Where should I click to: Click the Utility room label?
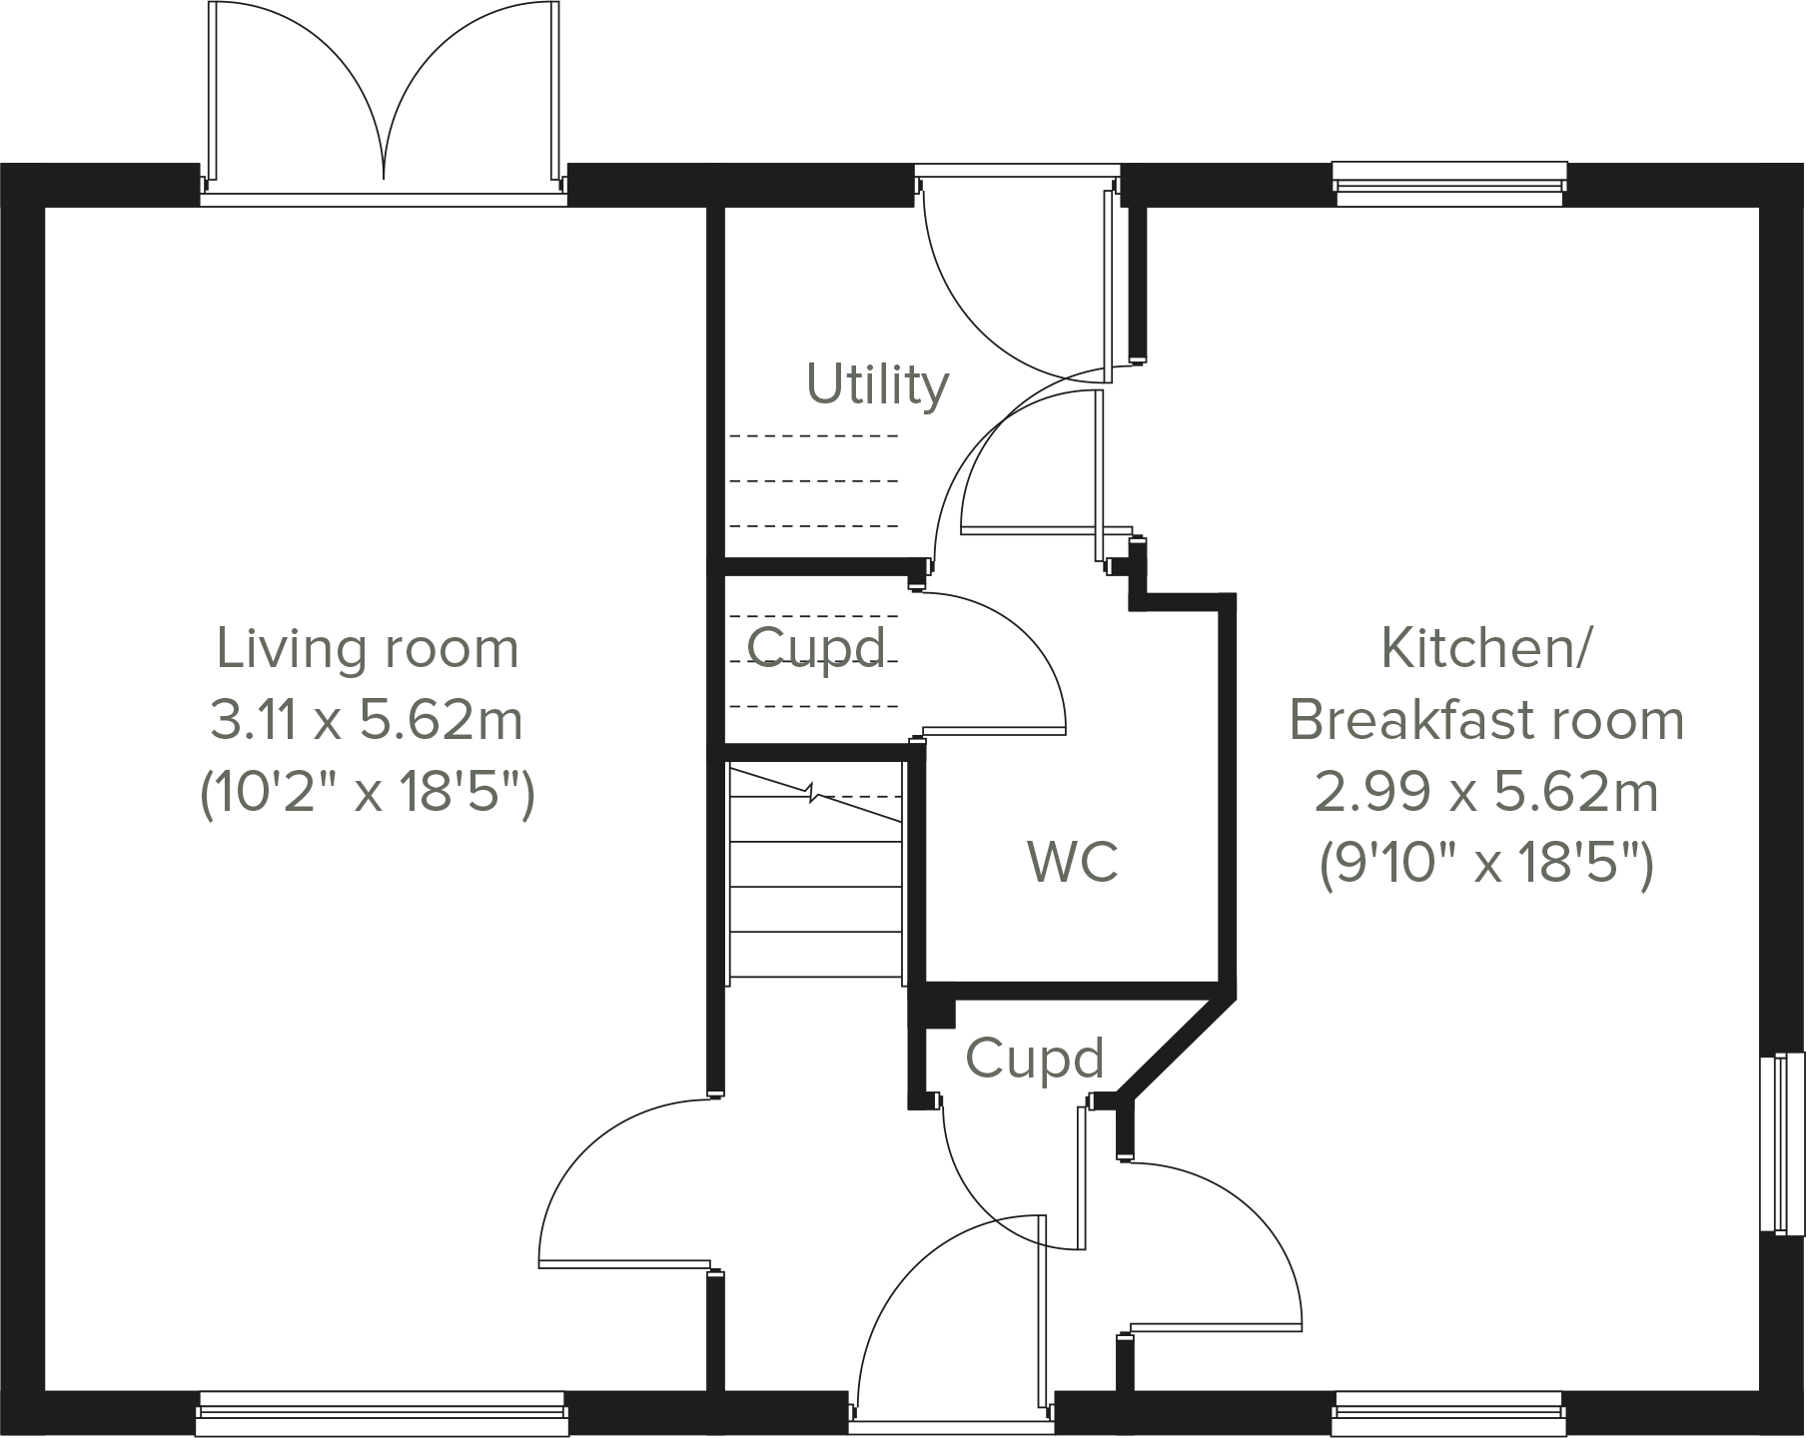click(x=877, y=385)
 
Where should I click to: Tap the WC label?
click(x=1073, y=861)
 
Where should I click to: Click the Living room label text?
click(x=368, y=649)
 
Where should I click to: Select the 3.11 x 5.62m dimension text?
click(x=367, y=720)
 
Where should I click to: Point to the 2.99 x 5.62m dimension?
click(x=1485, y=793)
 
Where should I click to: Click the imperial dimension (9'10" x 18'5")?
click(x=1486, y=864)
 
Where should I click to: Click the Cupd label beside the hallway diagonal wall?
click(x=1035, y=1059)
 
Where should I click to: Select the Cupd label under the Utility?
click(x=816, y=648)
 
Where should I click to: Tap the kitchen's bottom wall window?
click(x=1448, y=1413)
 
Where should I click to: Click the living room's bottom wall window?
click(x=383, y=1413)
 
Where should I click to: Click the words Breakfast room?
click(x=1486, y=720)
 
